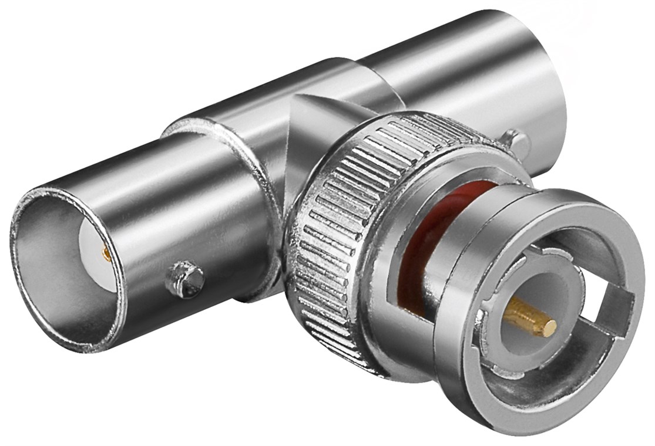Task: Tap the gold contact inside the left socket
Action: click(106, 254)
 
